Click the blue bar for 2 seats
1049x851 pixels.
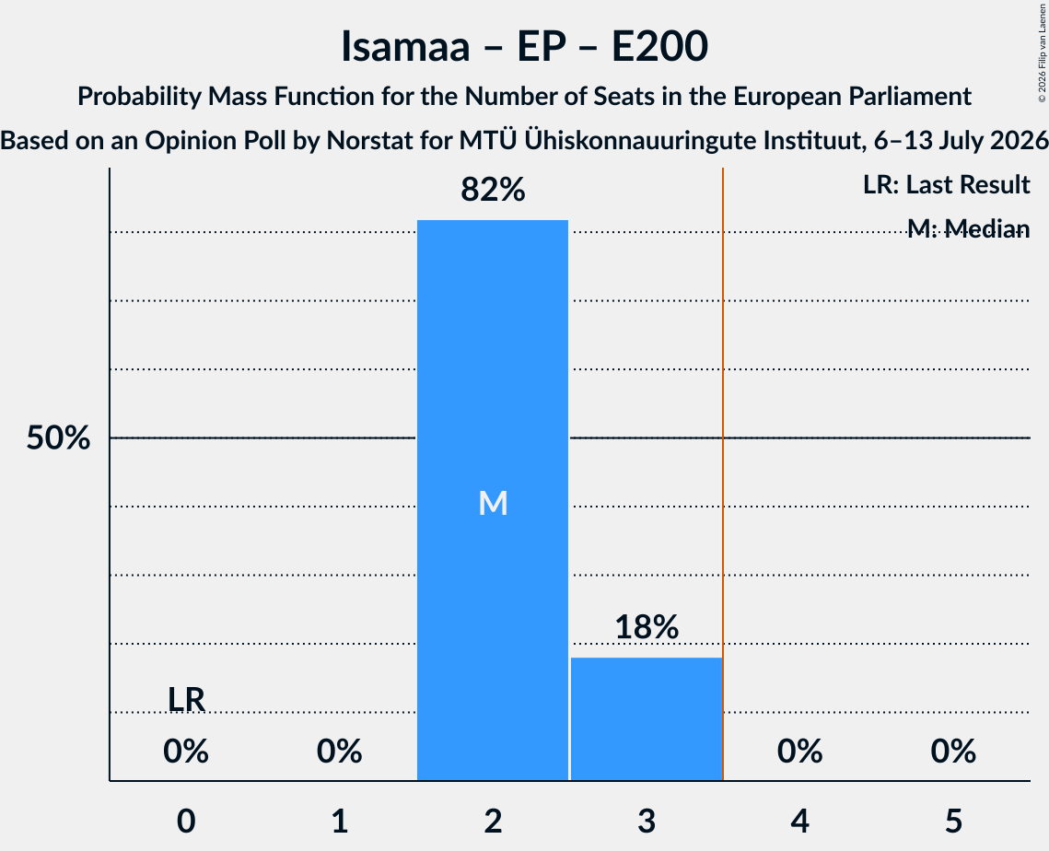click(x=493, y=500)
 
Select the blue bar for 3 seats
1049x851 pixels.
click(x=647, y=718)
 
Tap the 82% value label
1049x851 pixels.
click(x=493, y=190)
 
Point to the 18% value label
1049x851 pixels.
click(x=647, y=627)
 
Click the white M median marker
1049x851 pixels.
click(x=493, y=503)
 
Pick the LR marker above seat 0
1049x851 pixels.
click(x=186, y=700)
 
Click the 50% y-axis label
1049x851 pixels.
click(x=58, y=438)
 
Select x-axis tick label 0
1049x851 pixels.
click(x=186, y=822)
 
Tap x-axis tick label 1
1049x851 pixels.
click(x=340, y=822)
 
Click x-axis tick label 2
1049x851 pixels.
click(x=493, y=822)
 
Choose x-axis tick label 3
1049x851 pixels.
click(x=647, y=822)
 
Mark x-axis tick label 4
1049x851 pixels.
click(x=800, y=822)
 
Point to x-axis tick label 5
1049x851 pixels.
click(x=953, y=822)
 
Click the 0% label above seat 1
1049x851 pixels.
click(x=340, y=752)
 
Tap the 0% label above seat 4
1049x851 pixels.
click(x=800, y=752)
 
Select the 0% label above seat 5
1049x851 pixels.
click(x=953, y=752)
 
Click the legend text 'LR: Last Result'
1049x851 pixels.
click(x=947, y=184)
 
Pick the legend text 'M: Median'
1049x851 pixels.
click(x=969, y=229)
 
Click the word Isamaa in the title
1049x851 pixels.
click(x=405, y=47)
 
